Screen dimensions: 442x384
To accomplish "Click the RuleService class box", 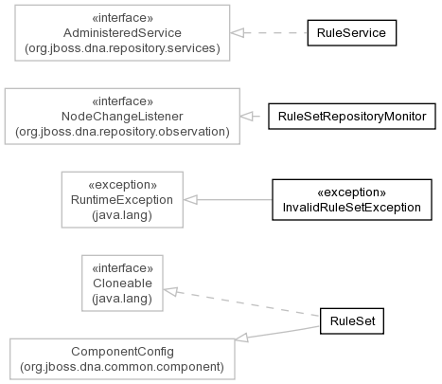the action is pyautogui.click(x=352, y=33).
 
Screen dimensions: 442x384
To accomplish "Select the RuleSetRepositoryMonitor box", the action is pyautogui.click(x=352, y=117).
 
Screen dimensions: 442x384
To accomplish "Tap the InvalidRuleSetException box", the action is pyautogui.click(x=352, y=200).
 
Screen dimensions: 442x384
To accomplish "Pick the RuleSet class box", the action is pyautogui.click(x=352, y=321).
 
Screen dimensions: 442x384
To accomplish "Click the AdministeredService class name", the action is pyautogui.click(x=122, y=33).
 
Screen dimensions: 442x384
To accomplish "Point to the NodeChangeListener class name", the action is pyautogui.click(x=122, y=117).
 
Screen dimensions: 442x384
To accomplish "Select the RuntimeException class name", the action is pyautogui.click(x=122, y=200).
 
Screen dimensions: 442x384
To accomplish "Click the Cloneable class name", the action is pyautogui.click(x=122, y=283).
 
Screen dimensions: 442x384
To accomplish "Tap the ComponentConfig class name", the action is pyautogui.click(x=122, y=352).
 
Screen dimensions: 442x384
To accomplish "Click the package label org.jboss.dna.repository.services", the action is pyautogui.click(x=122, y=48).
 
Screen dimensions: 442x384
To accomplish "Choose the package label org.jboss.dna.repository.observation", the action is pyautogui.click(x=122, y=132).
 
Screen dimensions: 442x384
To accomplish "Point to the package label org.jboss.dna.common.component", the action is pyautogui.click(x=122, y=367).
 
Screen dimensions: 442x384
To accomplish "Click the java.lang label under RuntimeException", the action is pyautogui.click(x=122, y=215).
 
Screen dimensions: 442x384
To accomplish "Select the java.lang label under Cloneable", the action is pyautogui.click(x=122, y=299).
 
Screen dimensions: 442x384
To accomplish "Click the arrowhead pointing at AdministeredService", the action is pyautogui.click(x=237, y=33).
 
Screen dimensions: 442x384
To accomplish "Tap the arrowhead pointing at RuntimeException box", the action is pyautogui.click(x=190, y=200).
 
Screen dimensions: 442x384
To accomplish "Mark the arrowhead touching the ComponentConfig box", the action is pyautogui.click(x=241, y=338).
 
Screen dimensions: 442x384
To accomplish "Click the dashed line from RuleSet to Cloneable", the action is pyautogui.click(x=241, y=303).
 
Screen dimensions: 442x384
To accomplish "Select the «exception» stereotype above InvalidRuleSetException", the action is pyautogui.click(x=352, y=192).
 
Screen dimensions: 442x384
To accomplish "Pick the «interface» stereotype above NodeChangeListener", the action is pyautogui.click(x=122, y=101).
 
